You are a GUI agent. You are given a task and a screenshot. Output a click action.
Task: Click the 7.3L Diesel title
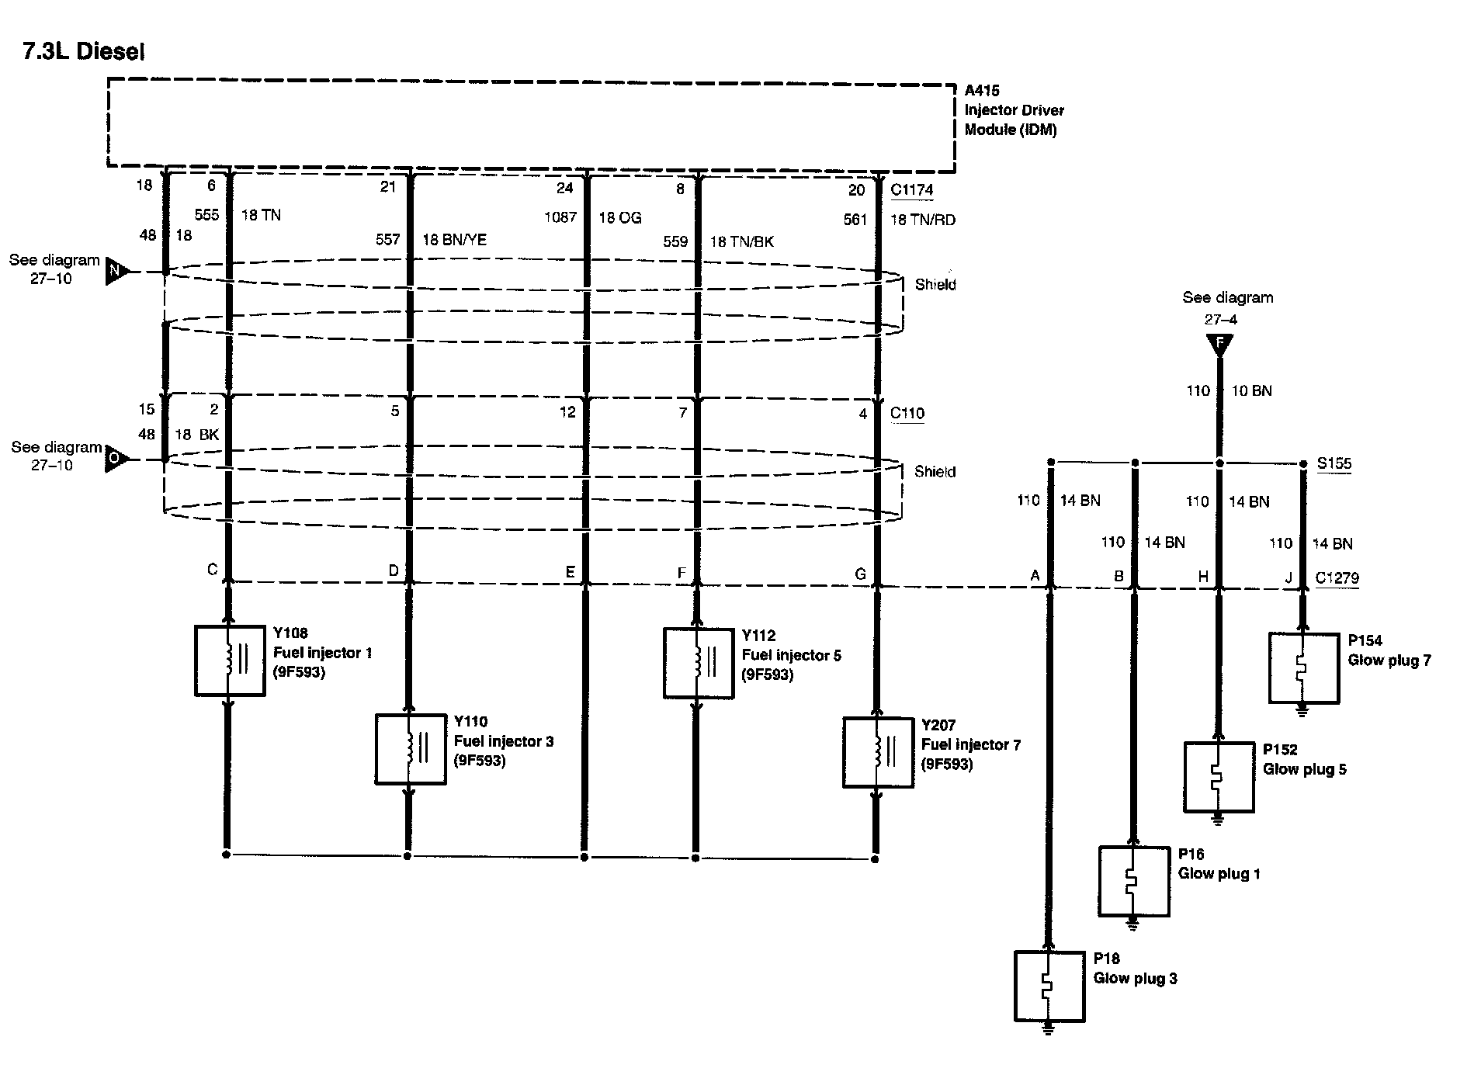tap(84, 51)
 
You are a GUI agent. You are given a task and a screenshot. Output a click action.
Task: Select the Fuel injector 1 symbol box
tap(230, 661)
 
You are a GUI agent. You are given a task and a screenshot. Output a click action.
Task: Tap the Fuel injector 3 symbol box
tap(411, 749)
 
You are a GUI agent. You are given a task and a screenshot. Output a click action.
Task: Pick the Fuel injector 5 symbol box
tap(699, 664)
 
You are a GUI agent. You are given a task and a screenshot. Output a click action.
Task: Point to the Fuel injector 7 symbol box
tap(878, 753)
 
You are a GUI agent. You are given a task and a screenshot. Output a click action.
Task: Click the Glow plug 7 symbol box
tap(1304, 668)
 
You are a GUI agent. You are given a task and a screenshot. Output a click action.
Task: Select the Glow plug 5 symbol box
tap(1219, 777)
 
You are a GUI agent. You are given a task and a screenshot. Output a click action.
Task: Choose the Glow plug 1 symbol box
tap(1133, 882)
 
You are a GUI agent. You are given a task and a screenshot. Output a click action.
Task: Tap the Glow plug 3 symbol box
tap(1049, 987)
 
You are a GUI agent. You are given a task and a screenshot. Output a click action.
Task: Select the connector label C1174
tap(912, 190)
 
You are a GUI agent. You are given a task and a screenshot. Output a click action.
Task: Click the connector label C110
tap(907, 413)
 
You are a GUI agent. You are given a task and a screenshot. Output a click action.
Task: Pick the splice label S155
tap(1334, 463)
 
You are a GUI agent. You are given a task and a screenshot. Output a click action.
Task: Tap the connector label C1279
tap(1337, 578)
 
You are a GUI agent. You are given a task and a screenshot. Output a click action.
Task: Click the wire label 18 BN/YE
tap(454, 240)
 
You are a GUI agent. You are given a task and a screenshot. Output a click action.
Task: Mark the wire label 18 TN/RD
tap(923, 220)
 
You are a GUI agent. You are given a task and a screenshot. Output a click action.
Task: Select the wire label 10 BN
tap(1251, 390)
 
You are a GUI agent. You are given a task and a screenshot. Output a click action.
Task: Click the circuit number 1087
tap(560, 217)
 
